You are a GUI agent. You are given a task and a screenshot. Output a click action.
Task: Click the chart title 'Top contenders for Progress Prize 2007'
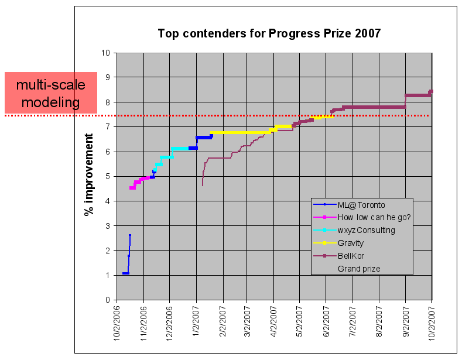269,33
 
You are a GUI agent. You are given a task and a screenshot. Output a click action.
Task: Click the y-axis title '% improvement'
90,174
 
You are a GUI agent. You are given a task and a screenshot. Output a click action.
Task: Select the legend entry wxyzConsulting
366,230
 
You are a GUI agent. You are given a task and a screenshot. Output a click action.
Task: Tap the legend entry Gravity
351,243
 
